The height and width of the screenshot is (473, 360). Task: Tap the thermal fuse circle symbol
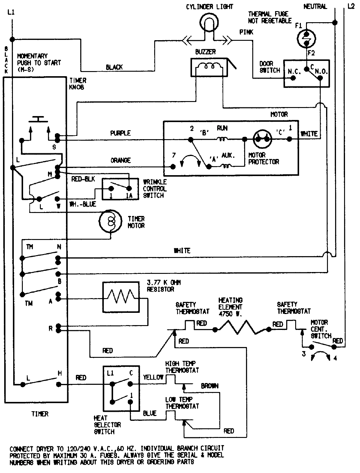coord(306,38)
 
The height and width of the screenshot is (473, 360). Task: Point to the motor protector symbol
coord(262,139)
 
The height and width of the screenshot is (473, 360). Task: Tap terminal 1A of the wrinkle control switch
coord(129,189)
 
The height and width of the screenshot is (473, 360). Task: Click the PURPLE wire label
coord(120,133)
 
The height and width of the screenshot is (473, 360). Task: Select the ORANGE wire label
coord(120,160)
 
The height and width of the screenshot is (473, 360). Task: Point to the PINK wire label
coord(246,32)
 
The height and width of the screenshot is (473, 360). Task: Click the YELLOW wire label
coord(153,377)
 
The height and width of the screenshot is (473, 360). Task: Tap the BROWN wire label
coord(209,386)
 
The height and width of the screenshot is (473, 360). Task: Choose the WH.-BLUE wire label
coord(83,204)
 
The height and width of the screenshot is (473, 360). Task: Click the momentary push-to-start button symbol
coord(38,120)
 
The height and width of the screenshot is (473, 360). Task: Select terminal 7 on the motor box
coord(173,166)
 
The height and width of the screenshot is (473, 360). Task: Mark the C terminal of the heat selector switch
coord(130,384)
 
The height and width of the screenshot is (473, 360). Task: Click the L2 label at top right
coord(351,6)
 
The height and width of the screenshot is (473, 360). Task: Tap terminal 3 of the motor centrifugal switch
coord(311,347)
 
